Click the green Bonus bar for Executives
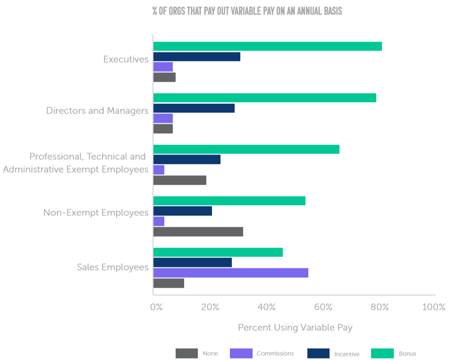tap(267, 46)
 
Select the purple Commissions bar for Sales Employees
tap(230, 273)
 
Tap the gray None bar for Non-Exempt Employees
tap(198, 231)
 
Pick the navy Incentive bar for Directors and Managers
tap(194, 108)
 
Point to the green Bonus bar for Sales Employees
tap(218, 252)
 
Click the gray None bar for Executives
tap(164, 77)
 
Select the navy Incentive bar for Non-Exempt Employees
tap(182, 211)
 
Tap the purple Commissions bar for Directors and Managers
tap(163, 118)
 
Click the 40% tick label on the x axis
tap(266, 308)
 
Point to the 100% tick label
tap(433, 308)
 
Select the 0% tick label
tap(156, 308)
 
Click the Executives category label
tap(126, 59)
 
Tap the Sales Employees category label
tap(112, 267)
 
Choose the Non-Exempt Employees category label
tap(96, 213)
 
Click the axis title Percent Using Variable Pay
tap(295, 327)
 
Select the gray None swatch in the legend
tap(186, 353)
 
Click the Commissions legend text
tap(275, 353)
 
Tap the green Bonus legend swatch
tap(382, 353)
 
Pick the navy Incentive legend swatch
tap(318, 353)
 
